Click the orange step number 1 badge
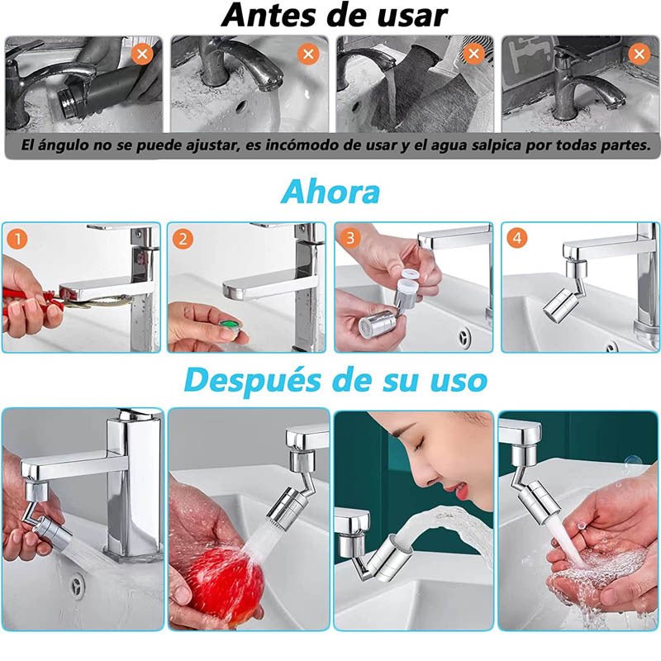[x=17, y=240]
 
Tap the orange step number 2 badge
[x=183, y=239]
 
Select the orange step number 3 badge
[x=350, y=238]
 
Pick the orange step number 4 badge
[x=517, y=239]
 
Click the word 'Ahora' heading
[x=330, y=193]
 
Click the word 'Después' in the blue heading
[x=253, y=381]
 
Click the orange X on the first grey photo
[x=142, y=54]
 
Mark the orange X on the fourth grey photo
[x=639, y=54]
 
